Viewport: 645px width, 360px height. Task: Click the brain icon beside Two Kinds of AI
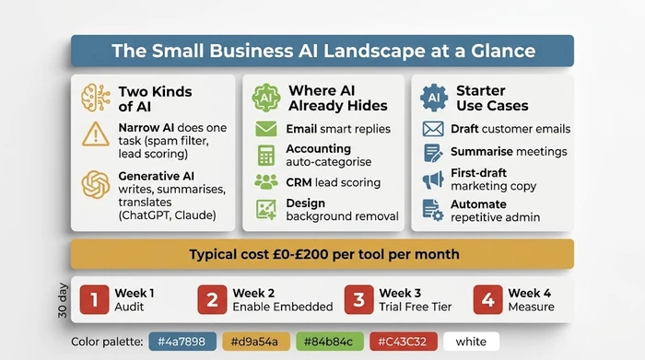96,98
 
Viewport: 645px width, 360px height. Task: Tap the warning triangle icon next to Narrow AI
96,135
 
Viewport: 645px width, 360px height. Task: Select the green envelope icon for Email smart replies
266,129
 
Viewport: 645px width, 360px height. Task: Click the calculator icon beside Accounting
266,155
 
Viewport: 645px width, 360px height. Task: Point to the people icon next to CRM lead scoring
266,181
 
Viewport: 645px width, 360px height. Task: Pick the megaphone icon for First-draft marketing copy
433,180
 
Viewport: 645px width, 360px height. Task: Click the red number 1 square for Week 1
94,300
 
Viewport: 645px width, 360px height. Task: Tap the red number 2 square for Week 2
212,300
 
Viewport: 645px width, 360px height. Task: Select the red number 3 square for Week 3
357,300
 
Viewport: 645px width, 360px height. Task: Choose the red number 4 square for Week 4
487,300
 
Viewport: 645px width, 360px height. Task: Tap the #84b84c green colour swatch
327,342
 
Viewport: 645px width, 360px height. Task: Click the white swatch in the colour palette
471,342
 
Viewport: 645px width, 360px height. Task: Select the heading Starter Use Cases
482,98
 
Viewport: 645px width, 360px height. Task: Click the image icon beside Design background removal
266,209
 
